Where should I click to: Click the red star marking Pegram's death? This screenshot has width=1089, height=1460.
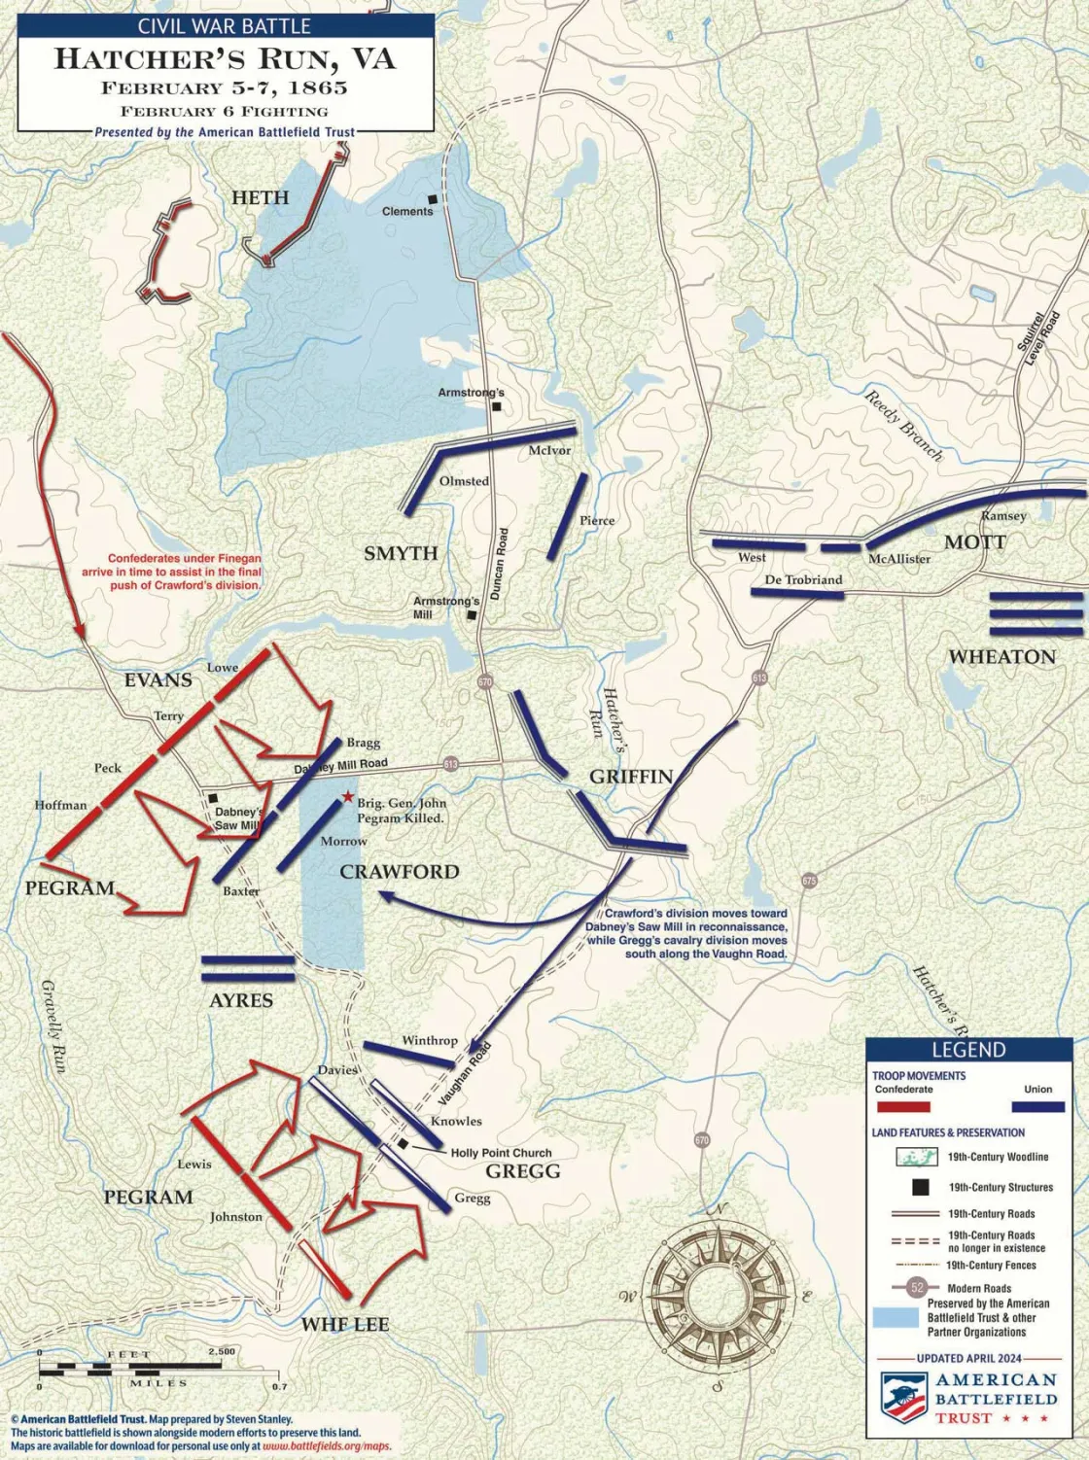(x=347, y=798)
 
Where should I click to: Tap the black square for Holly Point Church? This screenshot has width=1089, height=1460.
(x=403, y=1143)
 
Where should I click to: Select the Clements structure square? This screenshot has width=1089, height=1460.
(x=433, y=199)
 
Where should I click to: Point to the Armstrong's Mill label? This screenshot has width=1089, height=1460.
(x=446, y=608)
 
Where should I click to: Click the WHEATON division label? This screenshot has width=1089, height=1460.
(x=1001, y=657)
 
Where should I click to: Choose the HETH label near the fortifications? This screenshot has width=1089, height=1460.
(x=260, y=197)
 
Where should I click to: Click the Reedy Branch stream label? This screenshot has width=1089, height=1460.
(x=903, y=425)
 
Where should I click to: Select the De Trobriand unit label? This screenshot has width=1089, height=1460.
(x=803, y=579)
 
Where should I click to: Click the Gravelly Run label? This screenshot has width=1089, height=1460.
(x=54, y=1025)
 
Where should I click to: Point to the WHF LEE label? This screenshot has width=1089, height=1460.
(x=344, y=1324)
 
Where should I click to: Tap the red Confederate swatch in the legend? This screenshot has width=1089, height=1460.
(x=902, y=1107)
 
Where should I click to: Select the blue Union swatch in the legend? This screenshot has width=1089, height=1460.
(x=1037, y=1107)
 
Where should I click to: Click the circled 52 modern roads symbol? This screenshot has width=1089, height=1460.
(x=917, y=1288)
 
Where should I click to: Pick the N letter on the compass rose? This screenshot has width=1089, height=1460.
(x=720, y=1208)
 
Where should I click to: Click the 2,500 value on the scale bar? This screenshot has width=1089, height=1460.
(x=221, y=1352)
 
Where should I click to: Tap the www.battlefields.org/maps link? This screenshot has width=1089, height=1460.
(x=327, y=1445)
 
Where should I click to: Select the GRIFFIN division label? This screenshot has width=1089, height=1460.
(x=631, y=776)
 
